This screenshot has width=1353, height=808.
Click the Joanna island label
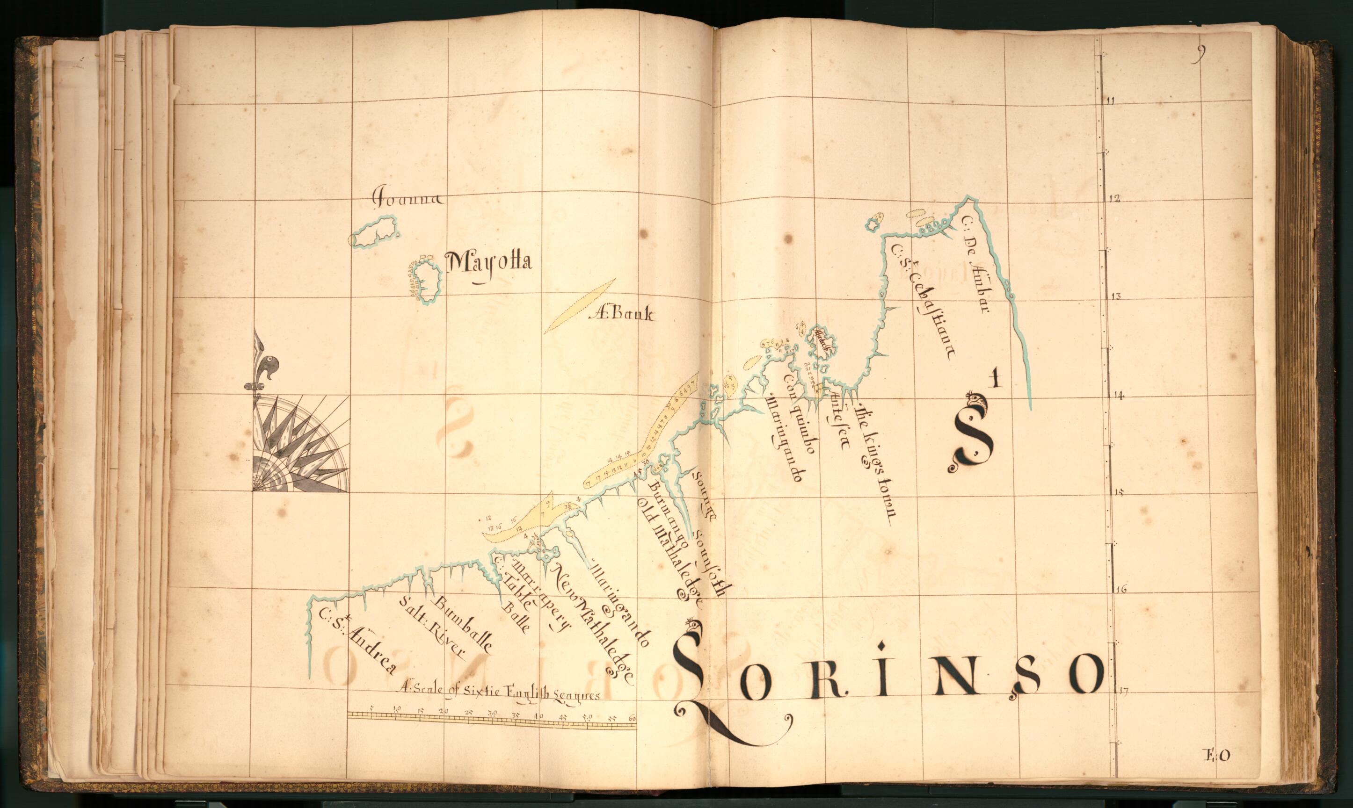tap(407, 197)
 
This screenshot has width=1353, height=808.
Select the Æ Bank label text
tap(623, 314)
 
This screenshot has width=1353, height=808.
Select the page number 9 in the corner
tap(1198, 53)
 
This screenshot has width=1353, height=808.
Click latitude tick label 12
tap(1114, 199)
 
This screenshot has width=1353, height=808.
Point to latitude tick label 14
tap(1118, 396)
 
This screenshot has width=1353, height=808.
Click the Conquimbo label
tap(799, 414)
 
